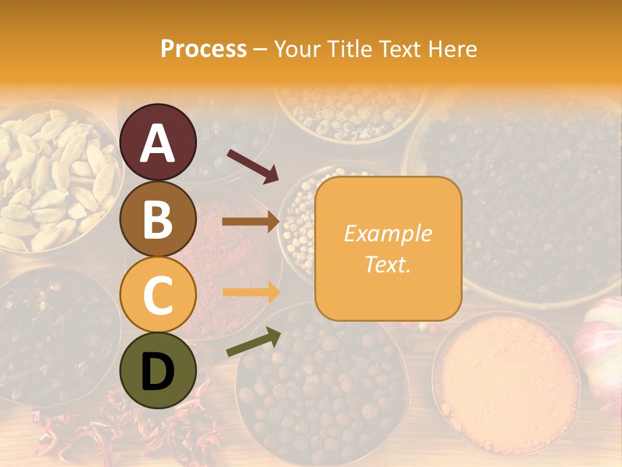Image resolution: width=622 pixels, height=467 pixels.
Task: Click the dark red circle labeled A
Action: point(158,142)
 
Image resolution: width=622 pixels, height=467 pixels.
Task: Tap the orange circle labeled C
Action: point(158,294)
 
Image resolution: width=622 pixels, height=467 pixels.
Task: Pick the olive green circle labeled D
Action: point(158,370)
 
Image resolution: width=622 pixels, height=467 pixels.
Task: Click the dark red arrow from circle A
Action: point(253,165)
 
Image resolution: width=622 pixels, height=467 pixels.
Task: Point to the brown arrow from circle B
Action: point(250,222)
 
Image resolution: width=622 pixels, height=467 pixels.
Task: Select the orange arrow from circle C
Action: point(250,292)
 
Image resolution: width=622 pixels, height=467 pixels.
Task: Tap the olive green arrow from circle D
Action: point(253,342)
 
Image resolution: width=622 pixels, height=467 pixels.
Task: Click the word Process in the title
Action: point(203,49)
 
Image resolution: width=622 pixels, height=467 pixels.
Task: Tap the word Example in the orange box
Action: point(387,233)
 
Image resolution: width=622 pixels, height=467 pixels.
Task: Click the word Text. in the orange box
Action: point(387,264)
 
